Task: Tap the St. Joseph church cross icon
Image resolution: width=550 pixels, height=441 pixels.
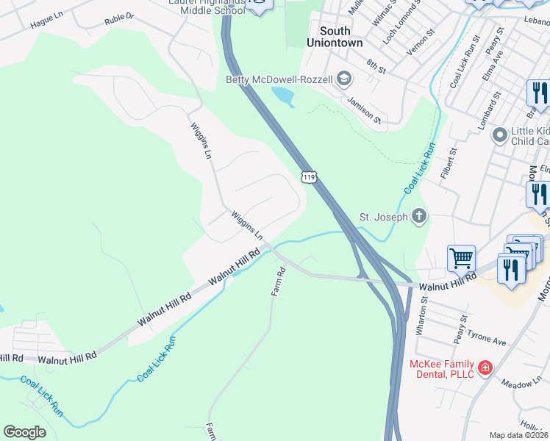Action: coord(418,216)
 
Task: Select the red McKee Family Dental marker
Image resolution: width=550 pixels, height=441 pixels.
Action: coord(485,367)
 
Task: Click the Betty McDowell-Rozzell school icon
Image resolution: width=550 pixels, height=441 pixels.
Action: coord(343,79)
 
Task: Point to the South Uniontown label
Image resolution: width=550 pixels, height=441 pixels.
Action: coord(340,37)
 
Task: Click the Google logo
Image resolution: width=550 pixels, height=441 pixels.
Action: coord(24,432)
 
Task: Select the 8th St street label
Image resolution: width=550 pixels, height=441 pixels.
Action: coord(376,67)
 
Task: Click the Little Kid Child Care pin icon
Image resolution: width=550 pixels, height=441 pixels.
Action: coord(500,135)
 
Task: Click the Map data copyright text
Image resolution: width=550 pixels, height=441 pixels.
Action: coord(519,435)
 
